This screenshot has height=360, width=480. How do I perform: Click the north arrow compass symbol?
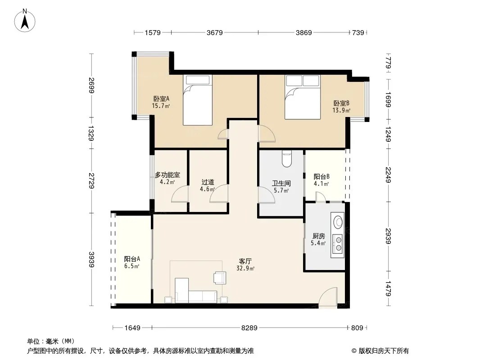(x=25, y=21)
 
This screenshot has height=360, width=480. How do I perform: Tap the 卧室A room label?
(x=161, y=99)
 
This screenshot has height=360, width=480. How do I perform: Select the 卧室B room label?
(x=341, y=103)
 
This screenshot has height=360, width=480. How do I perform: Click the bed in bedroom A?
(x=198, y=100)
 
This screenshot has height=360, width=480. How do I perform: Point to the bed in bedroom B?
(x=303, y=97)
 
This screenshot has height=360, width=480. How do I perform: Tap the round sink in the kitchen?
(x=338, y=222)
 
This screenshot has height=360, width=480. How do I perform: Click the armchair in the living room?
(x=220, y=277)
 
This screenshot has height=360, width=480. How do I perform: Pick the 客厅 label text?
(x=245, y=261)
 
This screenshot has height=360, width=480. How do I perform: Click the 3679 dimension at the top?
(x=215, y=32)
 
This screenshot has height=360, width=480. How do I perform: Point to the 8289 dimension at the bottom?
(x=249, y=328)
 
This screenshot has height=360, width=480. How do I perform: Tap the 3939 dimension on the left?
(x=91, y=259)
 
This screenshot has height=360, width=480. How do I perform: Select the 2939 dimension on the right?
(x=388, y=236)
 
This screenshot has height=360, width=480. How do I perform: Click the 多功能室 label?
(x=167, y=175)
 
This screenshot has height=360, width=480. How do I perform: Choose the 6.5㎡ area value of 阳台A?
(x=132, y=266)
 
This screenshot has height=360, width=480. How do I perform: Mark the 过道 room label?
(x=208, y=182)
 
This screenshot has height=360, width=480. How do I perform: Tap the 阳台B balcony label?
(x=322, y=176)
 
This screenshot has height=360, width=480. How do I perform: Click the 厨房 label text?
(x=319, y=236)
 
